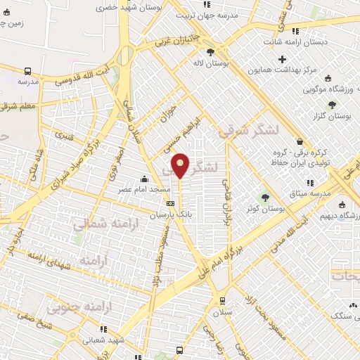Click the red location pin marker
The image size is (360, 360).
[x=181, y=165]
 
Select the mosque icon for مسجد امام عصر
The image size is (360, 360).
[x=145, y=178]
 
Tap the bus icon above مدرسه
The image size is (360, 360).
[x=27, y=71]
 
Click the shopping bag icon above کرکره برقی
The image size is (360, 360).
[x=300, y=141]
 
